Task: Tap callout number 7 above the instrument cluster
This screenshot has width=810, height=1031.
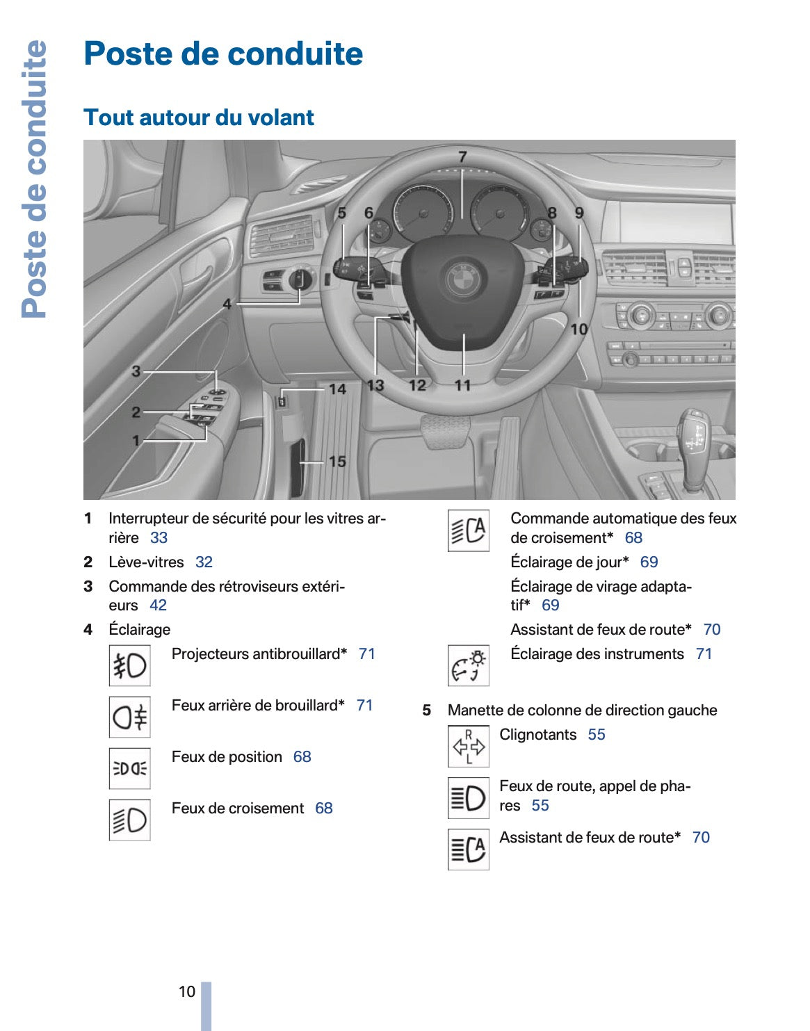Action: click(x=462, y=157)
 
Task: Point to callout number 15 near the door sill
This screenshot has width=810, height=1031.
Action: click(x=337, y=461)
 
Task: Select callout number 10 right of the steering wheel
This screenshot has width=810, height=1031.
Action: click(x=579, y=329)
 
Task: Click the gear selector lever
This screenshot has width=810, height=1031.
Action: click(x=695, y=445)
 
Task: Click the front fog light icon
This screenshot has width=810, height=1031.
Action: click(x=129, y=666)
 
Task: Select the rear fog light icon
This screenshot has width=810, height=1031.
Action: click(x=129, y=717)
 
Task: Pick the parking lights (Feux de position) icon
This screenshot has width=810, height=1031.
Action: click(x=129, y=768)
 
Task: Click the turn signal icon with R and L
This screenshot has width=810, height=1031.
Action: click(x=468, y=747)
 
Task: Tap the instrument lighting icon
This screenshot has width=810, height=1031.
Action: click(x=468, y=666)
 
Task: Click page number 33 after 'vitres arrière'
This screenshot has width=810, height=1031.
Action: click(x=159, y=537)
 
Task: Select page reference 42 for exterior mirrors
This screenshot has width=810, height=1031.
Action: click(x=158, y=605)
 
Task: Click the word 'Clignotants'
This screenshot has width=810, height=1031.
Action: click(x=538, y=735)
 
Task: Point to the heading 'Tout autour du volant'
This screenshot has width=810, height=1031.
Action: click(x=199, y=117)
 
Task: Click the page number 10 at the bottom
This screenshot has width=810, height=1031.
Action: click(x=187, y=991)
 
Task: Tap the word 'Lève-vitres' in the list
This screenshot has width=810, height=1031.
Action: click(x=146, y=562)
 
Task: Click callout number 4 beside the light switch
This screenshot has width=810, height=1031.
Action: click(x=227, y=304)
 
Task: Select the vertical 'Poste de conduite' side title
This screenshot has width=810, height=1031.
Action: click(x=34, y=179)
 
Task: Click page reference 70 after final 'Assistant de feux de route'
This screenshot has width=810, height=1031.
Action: click(x=701, y=837)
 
